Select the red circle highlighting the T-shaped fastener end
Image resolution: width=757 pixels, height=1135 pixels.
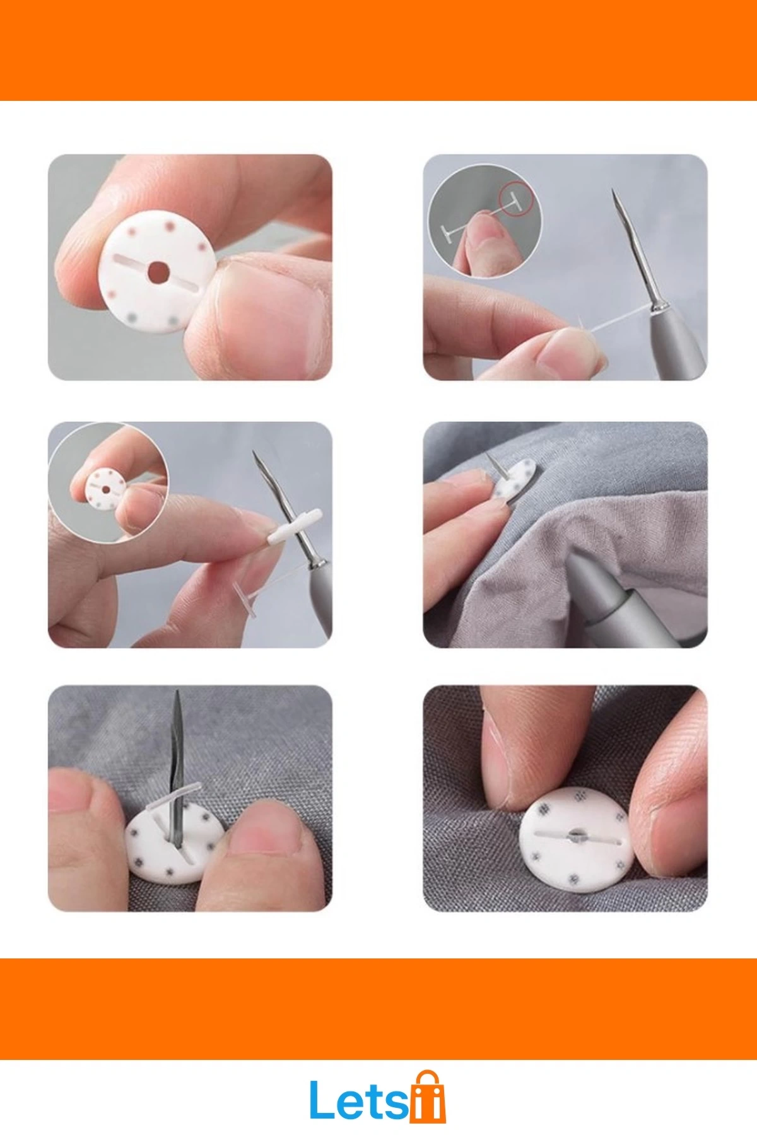pos(516,199)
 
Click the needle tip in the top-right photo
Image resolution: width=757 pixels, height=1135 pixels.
pos(613,190)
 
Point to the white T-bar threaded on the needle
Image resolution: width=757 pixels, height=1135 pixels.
pos(295,527)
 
